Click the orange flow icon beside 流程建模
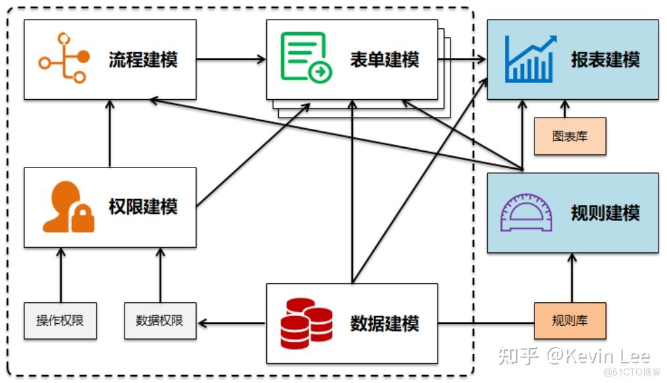pos(64,58)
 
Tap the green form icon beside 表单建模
pos(306,58)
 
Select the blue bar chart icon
pos(531,58)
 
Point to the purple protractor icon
pos(526,213)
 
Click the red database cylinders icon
pos(306,323)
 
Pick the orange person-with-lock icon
pos(68,207)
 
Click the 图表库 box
pos(570,137)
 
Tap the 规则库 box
pos(570,321)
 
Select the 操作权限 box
pos(60,321)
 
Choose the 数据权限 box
pos(161,321)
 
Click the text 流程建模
pos(143,60)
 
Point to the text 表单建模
pos(384,60)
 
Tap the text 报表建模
pos(605,60)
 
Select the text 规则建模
pos(605,213)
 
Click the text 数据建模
pos(384,324)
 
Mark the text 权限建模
pos(143,207)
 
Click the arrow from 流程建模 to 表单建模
pos(231,58)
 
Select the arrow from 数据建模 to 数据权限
pos(232,323)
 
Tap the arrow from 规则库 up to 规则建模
pos(572,278)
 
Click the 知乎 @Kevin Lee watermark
pos(575,356)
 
